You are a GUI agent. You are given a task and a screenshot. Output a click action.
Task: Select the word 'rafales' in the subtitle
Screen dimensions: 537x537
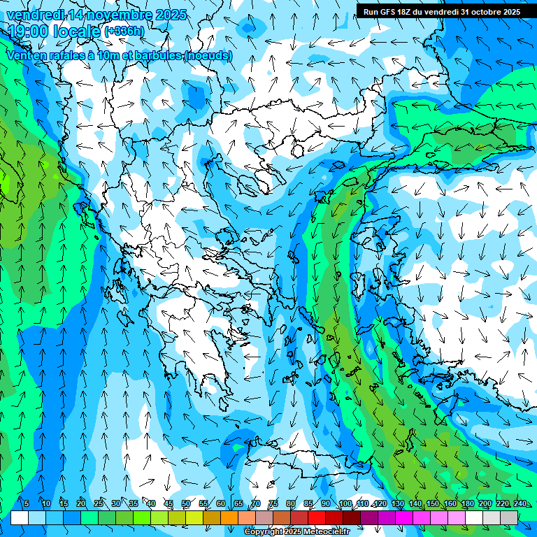coord(59,55)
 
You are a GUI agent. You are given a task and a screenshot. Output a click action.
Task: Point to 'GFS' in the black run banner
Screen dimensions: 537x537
coord(391,12)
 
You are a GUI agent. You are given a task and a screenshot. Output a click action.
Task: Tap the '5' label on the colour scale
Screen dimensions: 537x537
coord(27,504)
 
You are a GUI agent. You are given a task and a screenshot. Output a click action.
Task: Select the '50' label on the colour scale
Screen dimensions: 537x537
coord(185,504)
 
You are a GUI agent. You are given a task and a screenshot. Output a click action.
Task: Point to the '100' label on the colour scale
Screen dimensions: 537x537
coord(345,504)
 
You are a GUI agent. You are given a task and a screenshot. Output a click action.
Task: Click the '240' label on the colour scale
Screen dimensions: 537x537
coord(520,504)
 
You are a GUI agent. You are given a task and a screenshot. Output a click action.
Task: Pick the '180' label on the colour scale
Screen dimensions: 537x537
coord(467,504)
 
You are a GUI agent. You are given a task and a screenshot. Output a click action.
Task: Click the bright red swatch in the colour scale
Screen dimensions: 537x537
coord(317,517)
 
